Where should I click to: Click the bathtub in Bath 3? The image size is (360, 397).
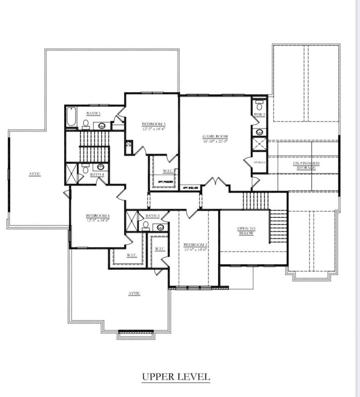(x=71, y=118)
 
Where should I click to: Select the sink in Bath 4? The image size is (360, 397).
(x=101, y=167)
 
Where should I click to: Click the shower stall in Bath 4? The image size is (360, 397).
(x=72, y=171)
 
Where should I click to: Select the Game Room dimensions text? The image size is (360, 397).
(x=215, y=141)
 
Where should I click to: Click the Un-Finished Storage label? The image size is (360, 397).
(x=306, y=166)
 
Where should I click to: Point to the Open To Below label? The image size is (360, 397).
(x=245, y=230)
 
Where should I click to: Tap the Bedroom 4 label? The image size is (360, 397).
(x=97, y=215)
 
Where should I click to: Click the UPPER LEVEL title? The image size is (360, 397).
(x=176, y=377)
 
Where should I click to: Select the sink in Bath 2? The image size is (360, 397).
(x=160, y=227)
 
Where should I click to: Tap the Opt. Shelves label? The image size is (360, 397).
(x=191, y=188)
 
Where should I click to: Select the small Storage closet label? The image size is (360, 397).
(x=259, y=162)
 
